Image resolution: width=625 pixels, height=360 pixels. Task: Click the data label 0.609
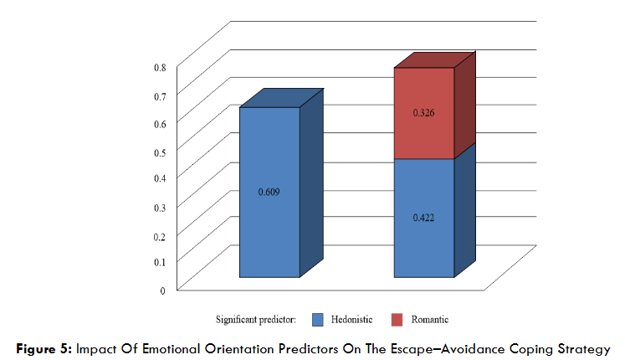click(x=269, y=192)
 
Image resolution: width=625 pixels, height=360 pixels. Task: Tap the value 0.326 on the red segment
click(x=423, y=112)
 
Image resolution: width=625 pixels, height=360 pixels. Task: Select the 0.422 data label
click(x=423, y=218)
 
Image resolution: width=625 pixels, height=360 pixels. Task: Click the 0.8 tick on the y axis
click(x=159, y=67)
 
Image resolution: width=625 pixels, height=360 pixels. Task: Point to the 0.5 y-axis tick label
click(x=159, y=151)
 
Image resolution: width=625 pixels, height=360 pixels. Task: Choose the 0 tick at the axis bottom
click(x=162, y=290)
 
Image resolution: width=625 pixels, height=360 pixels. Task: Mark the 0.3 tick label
click(x=159, y=206)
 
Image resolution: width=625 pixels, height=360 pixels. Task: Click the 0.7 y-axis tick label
click(x=159, y=95)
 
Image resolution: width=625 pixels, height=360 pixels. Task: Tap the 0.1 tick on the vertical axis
click(x=159, y=262)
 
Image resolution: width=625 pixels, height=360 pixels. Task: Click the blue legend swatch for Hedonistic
click(x=317, y=319)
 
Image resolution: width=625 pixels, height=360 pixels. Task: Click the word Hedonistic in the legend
click(x=351, y=319)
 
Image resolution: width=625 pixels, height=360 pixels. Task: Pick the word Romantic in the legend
click(x=430, y=319)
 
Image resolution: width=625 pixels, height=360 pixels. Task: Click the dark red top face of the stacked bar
click(x=435, y=59)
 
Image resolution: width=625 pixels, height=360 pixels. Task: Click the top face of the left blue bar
click(x=280, y=97)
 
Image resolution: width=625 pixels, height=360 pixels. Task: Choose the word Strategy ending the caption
click(x=584, y=347)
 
